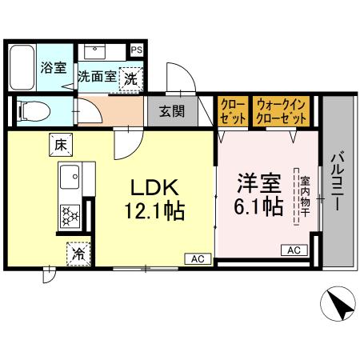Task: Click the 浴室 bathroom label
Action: click(x=54, y=68)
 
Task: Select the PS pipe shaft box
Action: click(x=138, y=50)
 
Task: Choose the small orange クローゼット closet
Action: click(x=232, y=111)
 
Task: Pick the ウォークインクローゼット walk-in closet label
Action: click(x=282, y=111)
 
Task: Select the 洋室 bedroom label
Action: click(x=257, y=182)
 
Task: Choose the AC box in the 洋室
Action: click(x=293, y=250)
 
